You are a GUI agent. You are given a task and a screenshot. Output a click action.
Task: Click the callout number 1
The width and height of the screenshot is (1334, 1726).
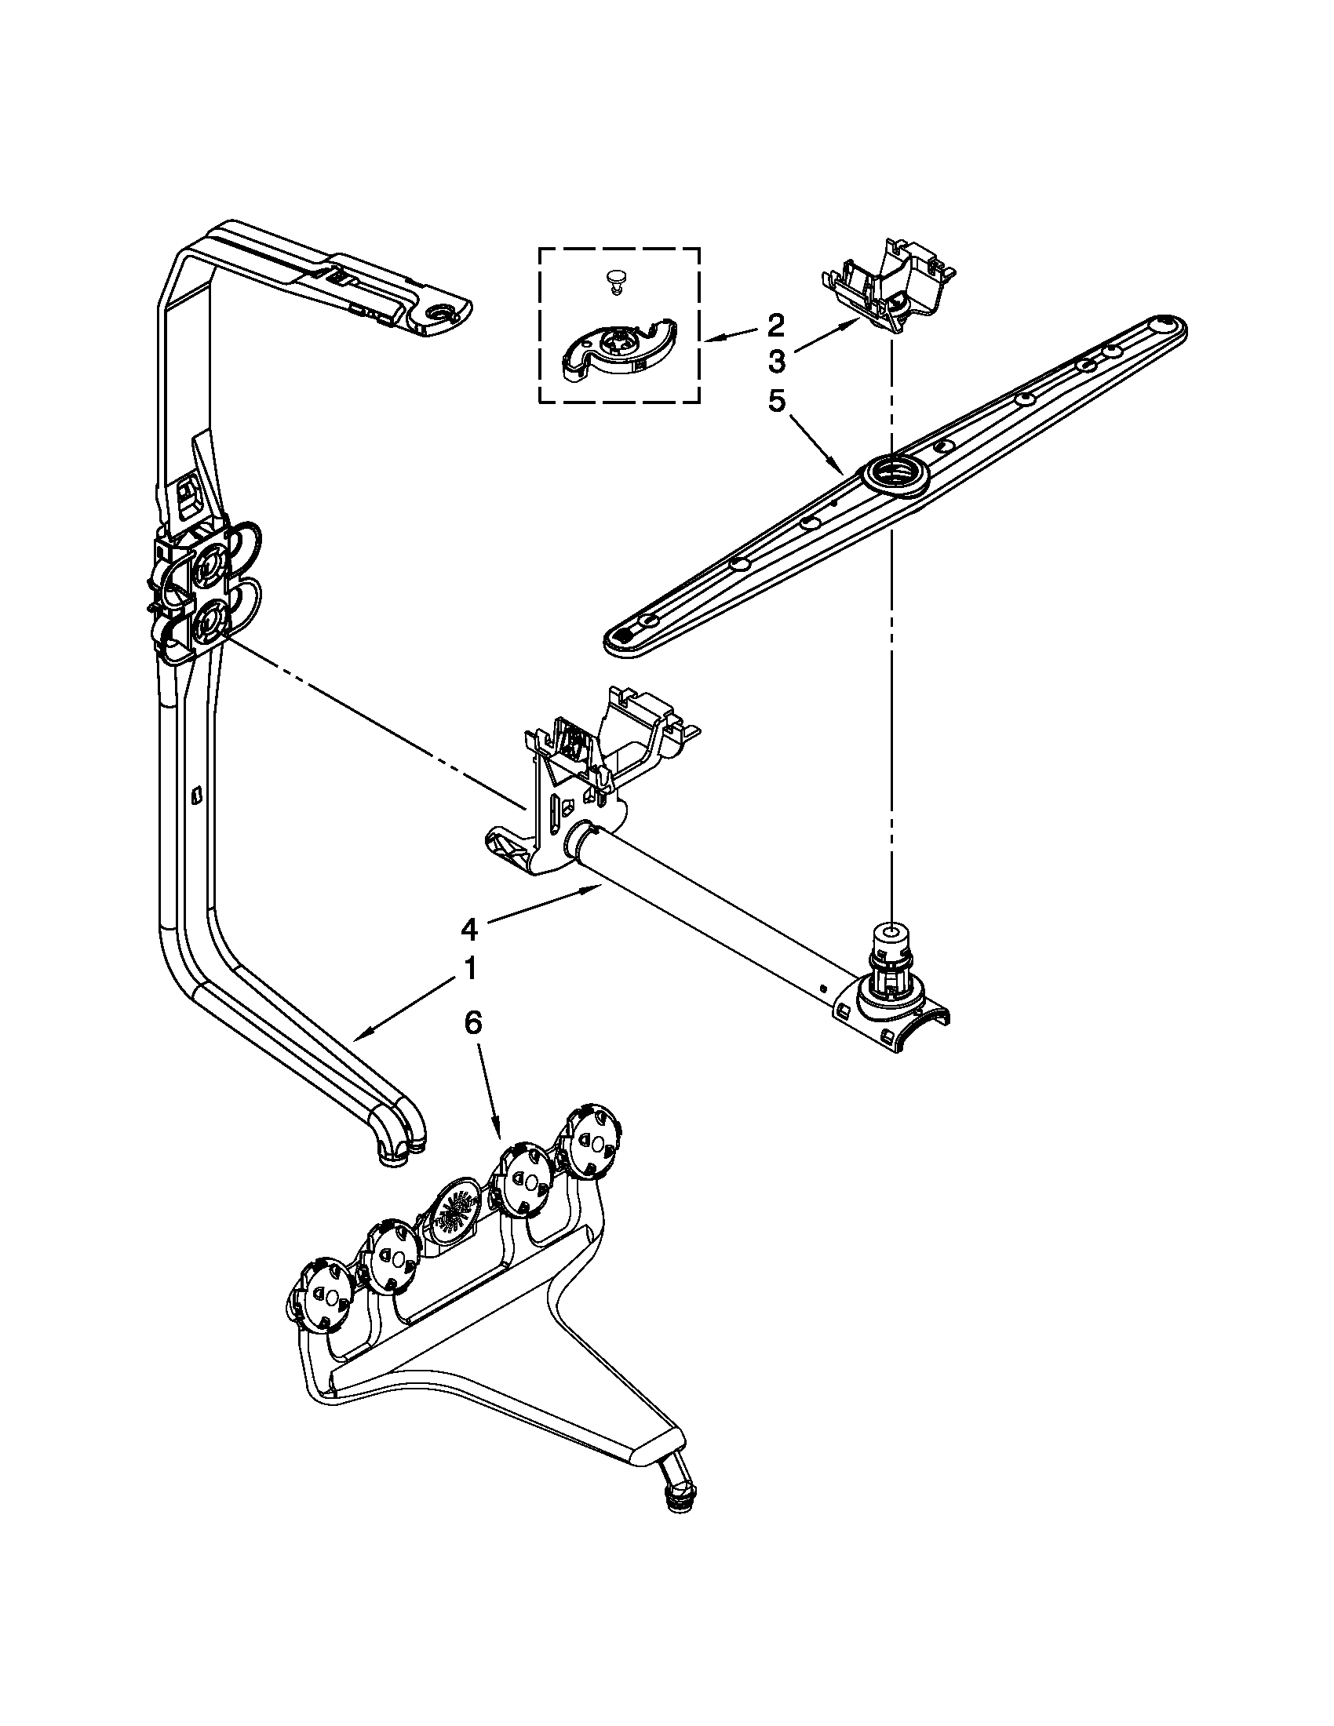[x=469, y=969]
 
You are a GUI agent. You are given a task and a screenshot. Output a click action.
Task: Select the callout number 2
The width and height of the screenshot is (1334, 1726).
[x=775, y=324]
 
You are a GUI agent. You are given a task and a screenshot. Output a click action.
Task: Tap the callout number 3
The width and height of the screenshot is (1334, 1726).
[x=775, y=362]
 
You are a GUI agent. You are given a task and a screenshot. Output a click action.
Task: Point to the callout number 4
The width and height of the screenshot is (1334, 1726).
[x=469, y=930]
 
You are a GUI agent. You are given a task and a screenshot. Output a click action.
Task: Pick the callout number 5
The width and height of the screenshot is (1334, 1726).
[x=775, y=402]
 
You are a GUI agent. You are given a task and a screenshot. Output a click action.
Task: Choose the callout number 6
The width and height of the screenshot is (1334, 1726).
[x=472, y=1022]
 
